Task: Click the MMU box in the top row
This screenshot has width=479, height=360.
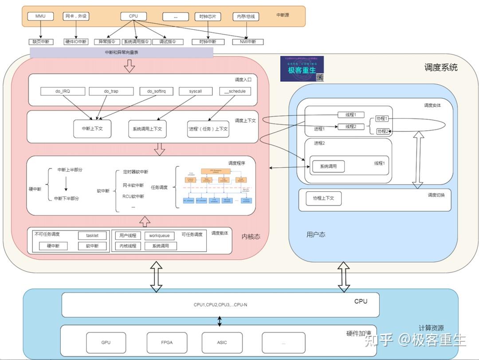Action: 40,16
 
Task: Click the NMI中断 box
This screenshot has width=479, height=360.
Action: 248,42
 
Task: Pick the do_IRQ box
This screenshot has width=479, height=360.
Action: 63,91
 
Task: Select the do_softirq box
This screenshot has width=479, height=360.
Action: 153,91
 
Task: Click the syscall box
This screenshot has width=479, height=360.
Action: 196,91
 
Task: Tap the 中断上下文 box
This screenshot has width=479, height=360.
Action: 93,128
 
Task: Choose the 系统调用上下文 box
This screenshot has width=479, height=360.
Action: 147,128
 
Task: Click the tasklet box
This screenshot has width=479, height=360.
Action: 93,236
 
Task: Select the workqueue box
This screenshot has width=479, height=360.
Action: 159,236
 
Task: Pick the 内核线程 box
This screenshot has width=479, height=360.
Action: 128,246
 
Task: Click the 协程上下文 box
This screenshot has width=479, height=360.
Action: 323,198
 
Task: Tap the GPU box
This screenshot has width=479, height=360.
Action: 106,343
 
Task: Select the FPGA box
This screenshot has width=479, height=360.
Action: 167,343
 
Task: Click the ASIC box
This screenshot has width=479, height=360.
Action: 222,343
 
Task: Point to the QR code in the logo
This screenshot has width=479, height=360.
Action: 319,77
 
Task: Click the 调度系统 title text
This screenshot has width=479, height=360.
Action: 440,67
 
